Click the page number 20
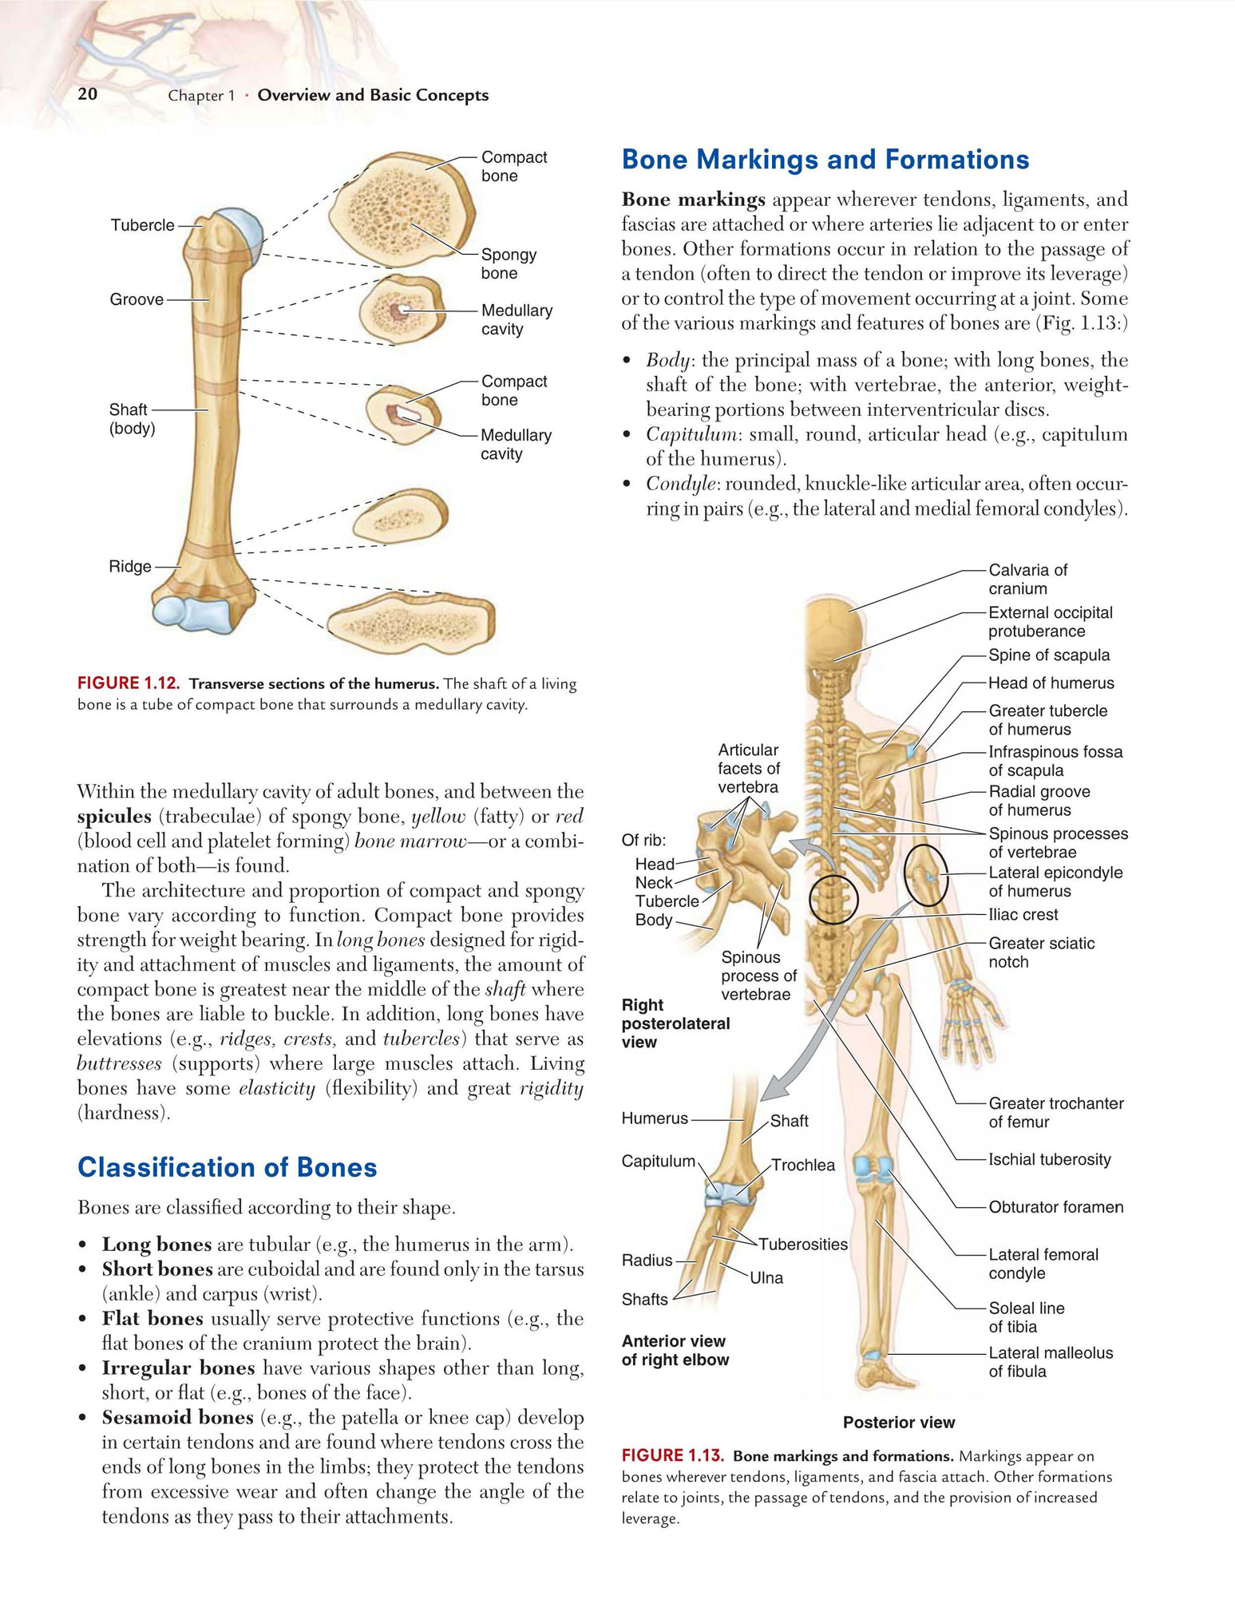point(88,94)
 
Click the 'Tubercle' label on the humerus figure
point(142,226)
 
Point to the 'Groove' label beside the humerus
point(137,300)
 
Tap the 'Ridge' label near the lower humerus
point(130,567)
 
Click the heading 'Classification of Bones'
point(228,1168)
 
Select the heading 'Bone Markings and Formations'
point(825,160)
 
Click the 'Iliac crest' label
point(1023,915)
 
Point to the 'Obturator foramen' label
point(1056,1207)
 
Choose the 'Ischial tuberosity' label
point(1050,1160)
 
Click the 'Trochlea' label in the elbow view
point(803,1166)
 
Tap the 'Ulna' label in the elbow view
point(766,1278)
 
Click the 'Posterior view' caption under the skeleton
point(899,1423)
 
